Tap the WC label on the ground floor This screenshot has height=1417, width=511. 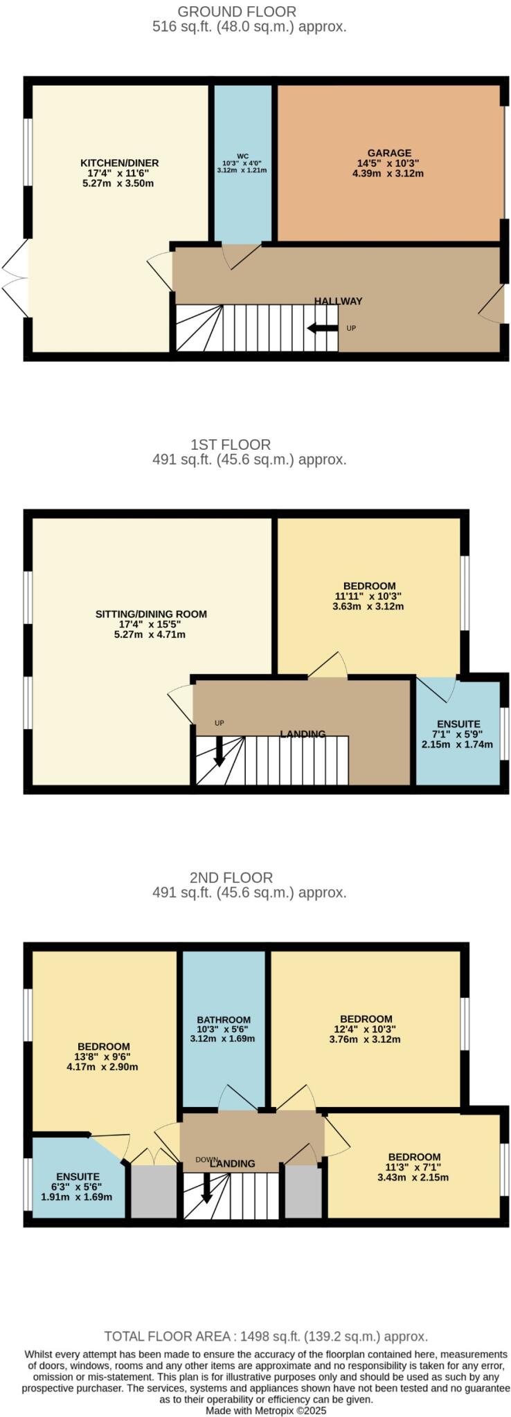tap(242, 156)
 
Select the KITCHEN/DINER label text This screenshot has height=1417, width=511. tap(119, 163)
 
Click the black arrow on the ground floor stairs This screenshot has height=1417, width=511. tap(322, 327)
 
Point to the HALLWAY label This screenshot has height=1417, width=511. tap(338, 301)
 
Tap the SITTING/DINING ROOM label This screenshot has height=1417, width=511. tap(151, 614)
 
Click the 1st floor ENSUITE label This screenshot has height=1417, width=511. tap(458, 724)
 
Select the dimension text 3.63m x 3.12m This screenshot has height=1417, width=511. tap(368, 606)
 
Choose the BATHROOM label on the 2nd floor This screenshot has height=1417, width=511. tap(224, 1020)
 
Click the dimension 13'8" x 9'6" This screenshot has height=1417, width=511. tap(103, 1057)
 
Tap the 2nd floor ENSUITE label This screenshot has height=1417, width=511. tap(78, 1176)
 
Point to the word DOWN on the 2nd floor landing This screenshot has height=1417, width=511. tap(206, 1160)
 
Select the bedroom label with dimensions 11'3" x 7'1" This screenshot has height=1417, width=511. tap(414, 1157)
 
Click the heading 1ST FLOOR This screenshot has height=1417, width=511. tap(231, 444)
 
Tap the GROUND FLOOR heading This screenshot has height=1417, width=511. tap(237, 12)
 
